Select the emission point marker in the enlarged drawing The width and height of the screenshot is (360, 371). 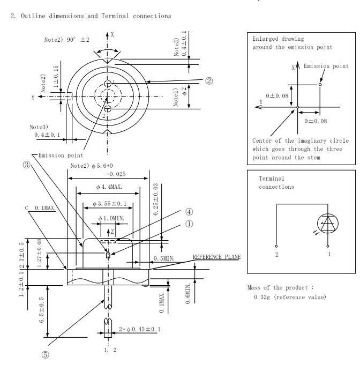click(319, 84)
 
